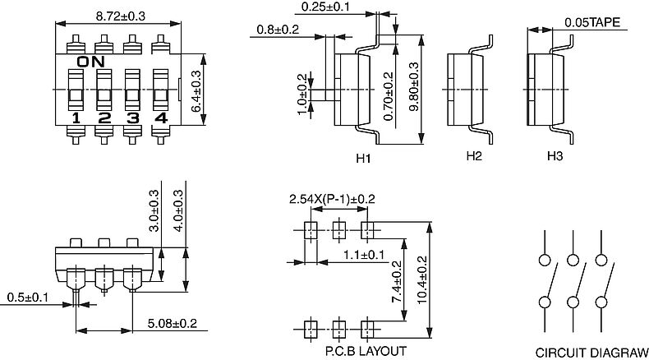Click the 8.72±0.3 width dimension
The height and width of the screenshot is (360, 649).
(x=121, y=16)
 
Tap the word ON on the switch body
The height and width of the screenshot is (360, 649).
(x=91, y=62)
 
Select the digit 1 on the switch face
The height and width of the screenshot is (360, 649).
(x=76, y=118)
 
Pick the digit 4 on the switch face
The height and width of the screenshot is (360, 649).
(x=160, y=118)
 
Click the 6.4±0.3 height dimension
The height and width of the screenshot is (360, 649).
(x=196, y=91)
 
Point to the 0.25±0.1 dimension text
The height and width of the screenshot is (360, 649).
(x=325, y=7)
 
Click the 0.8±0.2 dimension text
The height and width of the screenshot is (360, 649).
(x=278, y=30)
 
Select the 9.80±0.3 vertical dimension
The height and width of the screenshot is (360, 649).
(x=413, y=86)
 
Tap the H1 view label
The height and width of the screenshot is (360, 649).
(x=363, y=158)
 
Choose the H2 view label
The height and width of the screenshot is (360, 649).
(x=474, y=156)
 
